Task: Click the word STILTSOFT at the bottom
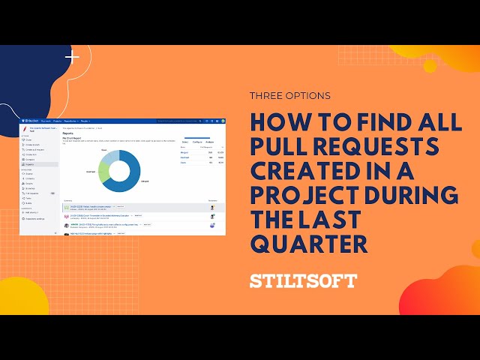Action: (x=303, y=282)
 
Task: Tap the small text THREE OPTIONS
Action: (x=289, y=96)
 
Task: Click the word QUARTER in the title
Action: (x=310, y=244)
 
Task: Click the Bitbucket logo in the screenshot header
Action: (x=30, y=119)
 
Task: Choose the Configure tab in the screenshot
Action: (x=198, y=141)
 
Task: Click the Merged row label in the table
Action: (x=184, y=151)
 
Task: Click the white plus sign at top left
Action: (x=72, y=57)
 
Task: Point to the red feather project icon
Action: (x=25, y=128)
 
